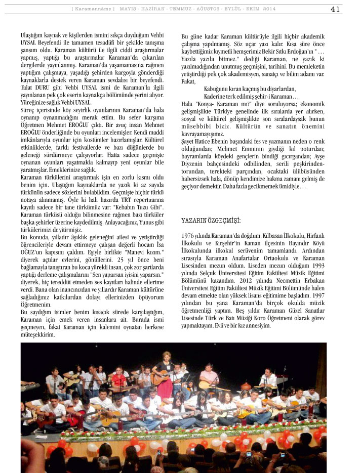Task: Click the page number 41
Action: coord(335,9)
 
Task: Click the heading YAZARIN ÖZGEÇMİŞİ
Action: coord(211,221)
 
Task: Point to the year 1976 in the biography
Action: coord(188,236)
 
